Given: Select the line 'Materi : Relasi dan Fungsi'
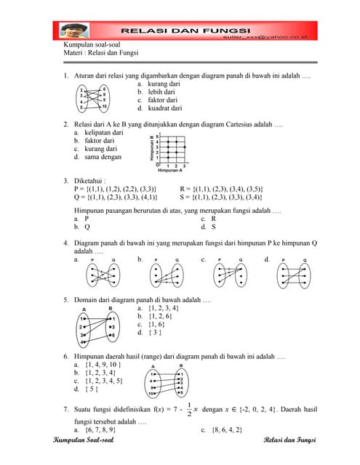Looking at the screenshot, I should click(101, 53).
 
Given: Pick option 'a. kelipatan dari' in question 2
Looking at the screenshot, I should click(99, 133).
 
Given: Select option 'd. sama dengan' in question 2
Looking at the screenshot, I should click(98, 157).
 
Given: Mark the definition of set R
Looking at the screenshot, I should click(221, 189).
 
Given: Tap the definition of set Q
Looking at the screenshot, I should click(116, 197).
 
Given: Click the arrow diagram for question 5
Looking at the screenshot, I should click(96, 328).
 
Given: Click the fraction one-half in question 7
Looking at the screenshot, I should click(190, 410).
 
